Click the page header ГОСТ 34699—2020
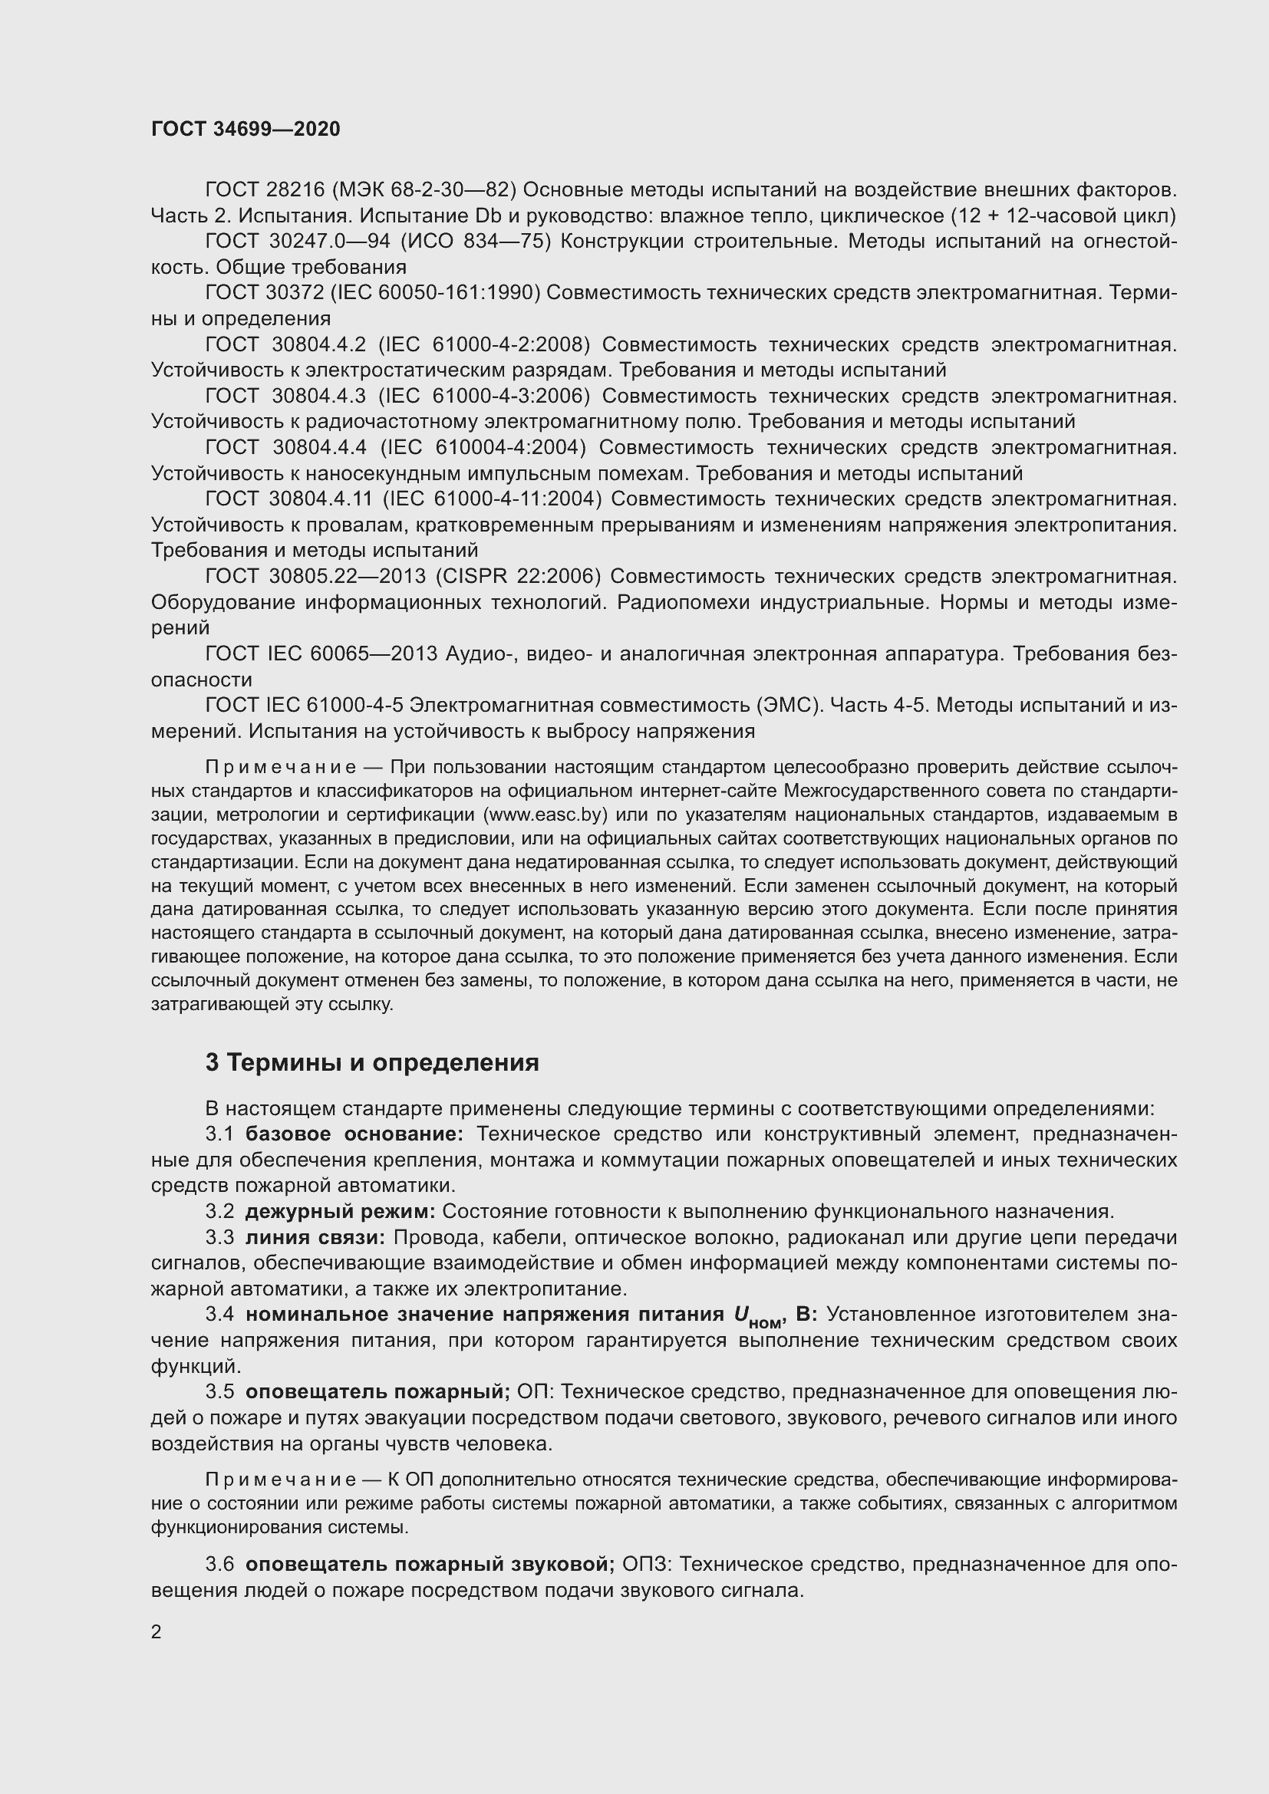[x=246, y=129]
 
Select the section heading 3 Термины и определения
[x=372, y=1062]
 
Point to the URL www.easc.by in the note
[x=546, y=815]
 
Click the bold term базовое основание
[x=354, y=1134]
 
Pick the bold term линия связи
[x=314, y=1238]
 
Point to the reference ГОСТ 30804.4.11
[x=288, y=499]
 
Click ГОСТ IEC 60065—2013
[x=321, y=653]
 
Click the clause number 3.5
[x=219, y=1391]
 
